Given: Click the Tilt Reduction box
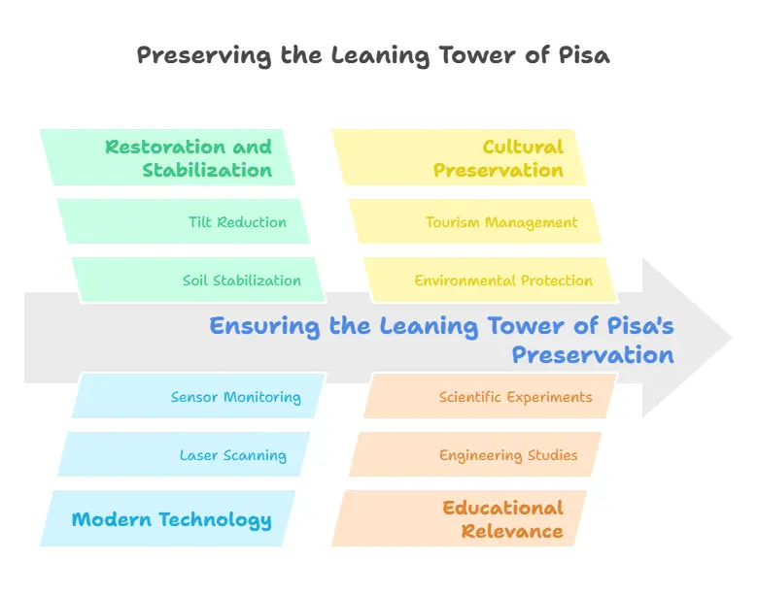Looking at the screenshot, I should click(x=185, y=222).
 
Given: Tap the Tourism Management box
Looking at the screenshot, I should click(x=476, y=222).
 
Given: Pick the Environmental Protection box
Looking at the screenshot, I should click(x=492, y=280).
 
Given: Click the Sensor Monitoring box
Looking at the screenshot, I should click(x=199, y=397).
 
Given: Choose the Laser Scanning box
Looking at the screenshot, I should click(x=185, y=455).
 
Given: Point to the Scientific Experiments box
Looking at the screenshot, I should click(x=492, y=397).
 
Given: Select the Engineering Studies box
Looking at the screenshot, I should click(x=476, y=455).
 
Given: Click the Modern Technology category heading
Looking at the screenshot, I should click(x=170, y=519).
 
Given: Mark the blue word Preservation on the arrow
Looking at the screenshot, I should click(x=593, y=354).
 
